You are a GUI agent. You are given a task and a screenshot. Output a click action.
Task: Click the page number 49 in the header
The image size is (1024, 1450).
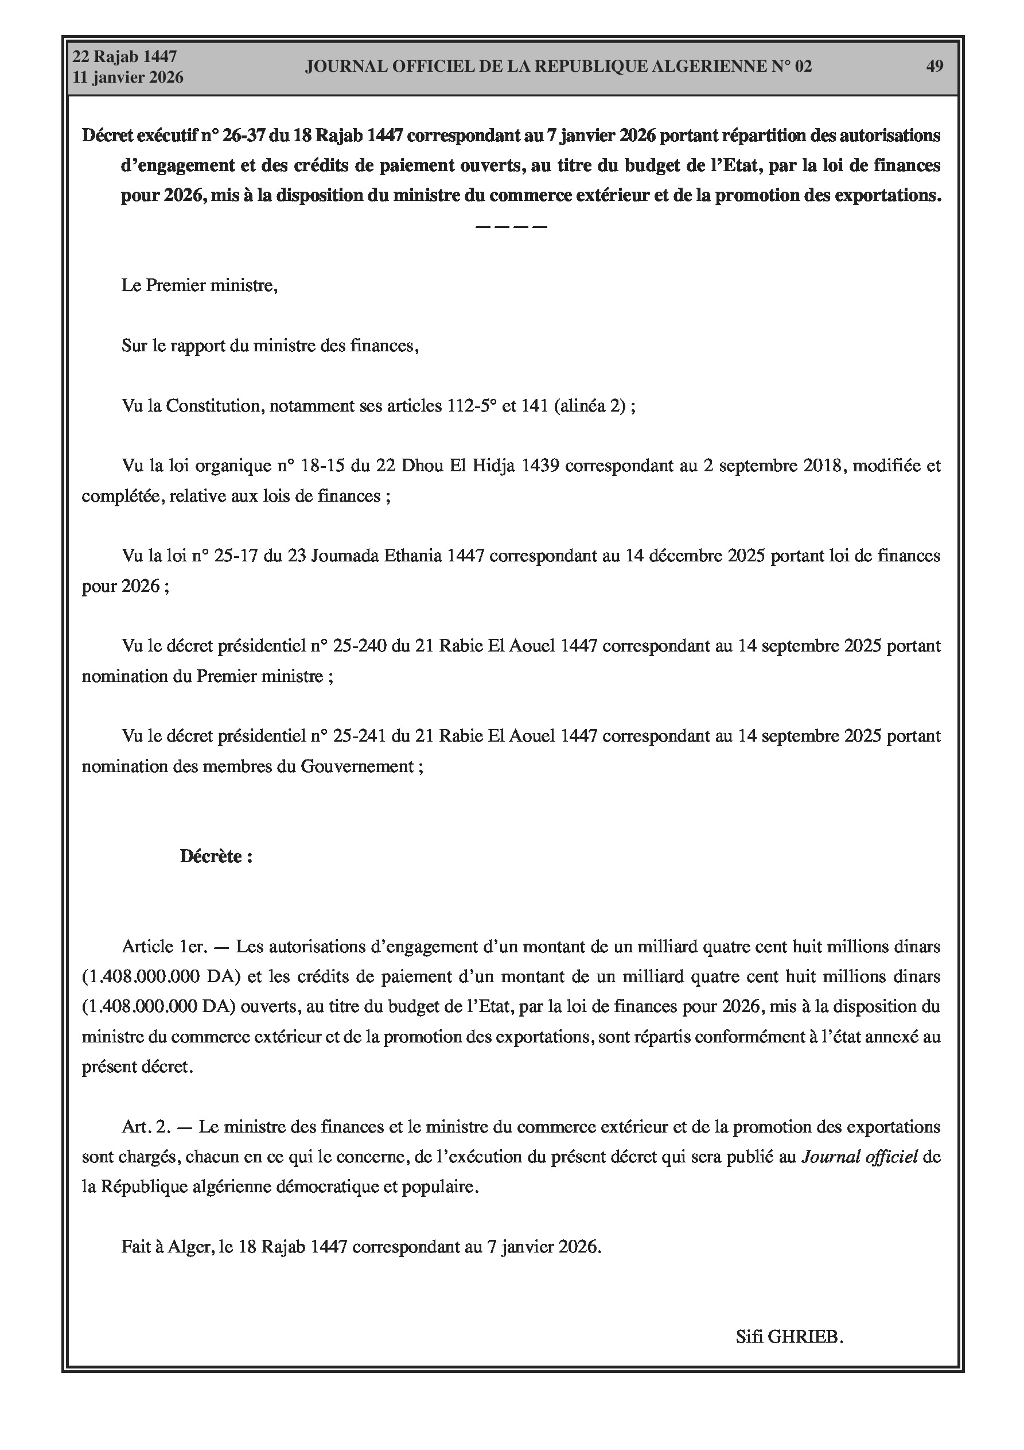pyautogui.click(x=935, y=67)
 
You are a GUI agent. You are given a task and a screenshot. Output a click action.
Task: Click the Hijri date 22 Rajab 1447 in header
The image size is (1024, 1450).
pyautogui.click(x=124, y=57)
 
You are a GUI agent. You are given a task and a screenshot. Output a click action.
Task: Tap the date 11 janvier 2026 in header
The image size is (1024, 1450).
pyautogui.click(x=128, y=77)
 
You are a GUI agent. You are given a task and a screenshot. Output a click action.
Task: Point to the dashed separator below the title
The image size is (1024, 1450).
pyautogui.click(x=511, y=226)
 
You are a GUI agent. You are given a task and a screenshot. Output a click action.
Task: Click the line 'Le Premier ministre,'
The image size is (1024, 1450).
pyautogui.click(x=200, y=285)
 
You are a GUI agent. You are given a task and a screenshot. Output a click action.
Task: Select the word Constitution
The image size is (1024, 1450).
pyautogui.click(x=214, y=405)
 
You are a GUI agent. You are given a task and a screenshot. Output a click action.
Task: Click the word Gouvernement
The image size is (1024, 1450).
pyautogui.click(x=357, y=766)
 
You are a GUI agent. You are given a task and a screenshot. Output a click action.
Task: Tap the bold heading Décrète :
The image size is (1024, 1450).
pyautogui.click(x=216, y=856)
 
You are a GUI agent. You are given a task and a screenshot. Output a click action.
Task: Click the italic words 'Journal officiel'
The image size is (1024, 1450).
pyautogui.click(x=859, y=1157)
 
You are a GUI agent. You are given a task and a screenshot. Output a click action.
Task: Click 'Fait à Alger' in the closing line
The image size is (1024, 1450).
pyautogui.click(x=165, y=1247)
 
